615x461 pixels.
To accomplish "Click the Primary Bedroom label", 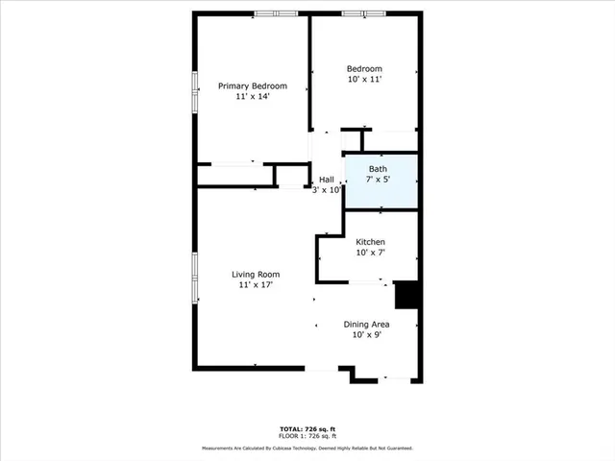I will coord(253,85).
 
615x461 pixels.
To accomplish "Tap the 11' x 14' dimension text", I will coord(253,96).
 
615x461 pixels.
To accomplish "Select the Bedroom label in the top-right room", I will coord(364,68).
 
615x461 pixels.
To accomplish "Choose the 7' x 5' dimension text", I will coord(379,180).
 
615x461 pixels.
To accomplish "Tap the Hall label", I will coord(327,180).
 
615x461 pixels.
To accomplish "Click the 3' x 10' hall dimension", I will coord(327,190).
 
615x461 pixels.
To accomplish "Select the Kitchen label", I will coord(370,242).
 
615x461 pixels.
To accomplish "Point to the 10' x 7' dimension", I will coord(370,253).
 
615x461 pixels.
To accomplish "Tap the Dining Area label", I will coord(367,324).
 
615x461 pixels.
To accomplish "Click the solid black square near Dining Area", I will coord(407,295).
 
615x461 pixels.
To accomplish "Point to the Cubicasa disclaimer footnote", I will coord(307,449).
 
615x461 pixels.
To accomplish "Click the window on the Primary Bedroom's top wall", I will coord(277,12).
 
